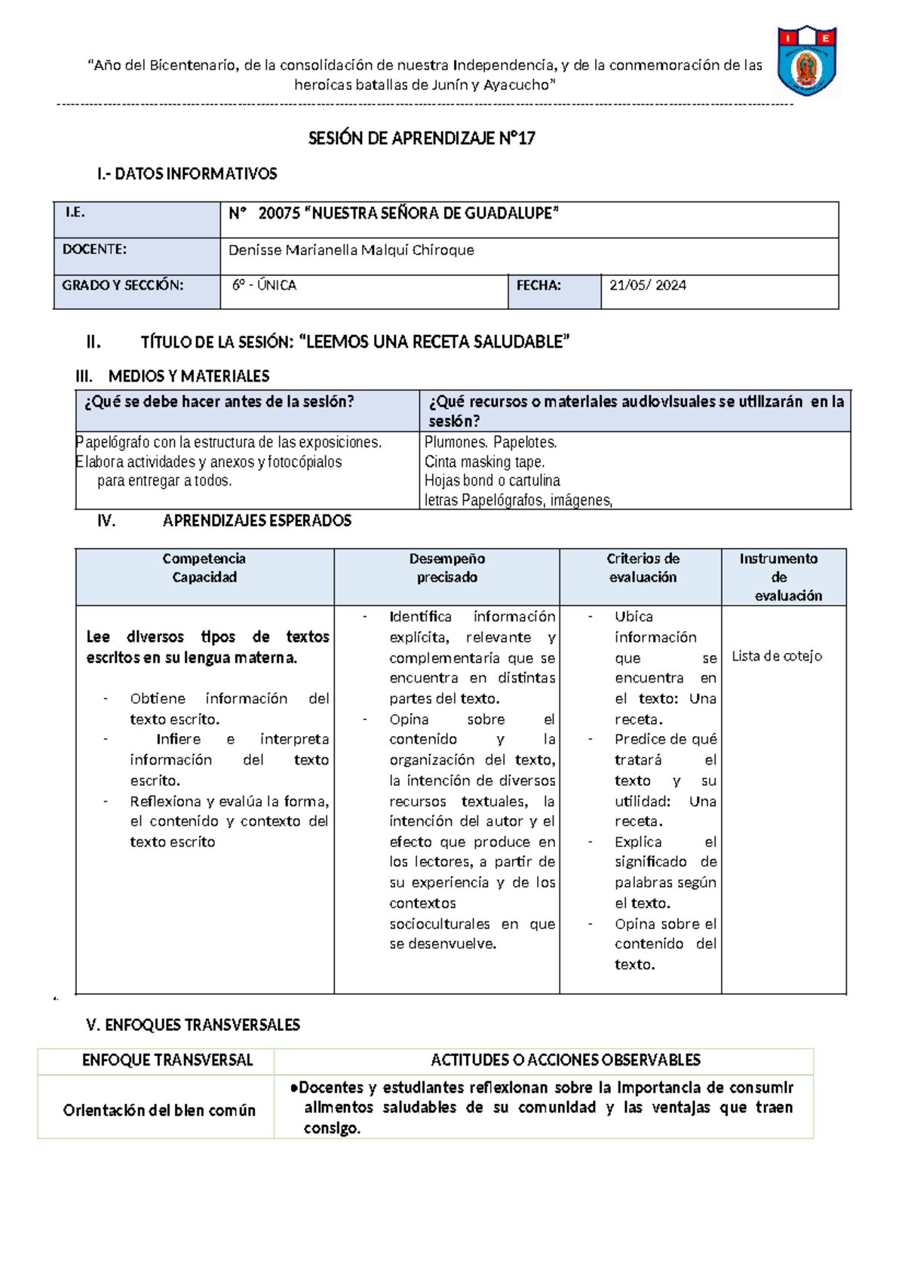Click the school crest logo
[x=807, y=61]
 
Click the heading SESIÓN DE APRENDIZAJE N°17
[x=422, y=138]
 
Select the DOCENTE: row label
[x=95, y=250]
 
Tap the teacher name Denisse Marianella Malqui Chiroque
[x=351, y=250]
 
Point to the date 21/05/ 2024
[x=648, y=285]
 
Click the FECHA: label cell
[x=538, y=285]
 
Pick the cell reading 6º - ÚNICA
[x=265, y=285]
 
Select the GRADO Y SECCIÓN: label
[x=123, y=285]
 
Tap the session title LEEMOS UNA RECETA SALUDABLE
[x=434, y=342]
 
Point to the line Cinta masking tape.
[x=484, y=462]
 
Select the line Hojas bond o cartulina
[x=492, y=480]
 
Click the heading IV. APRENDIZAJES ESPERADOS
[x=224, y=520]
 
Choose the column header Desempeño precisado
[x=447, y=568]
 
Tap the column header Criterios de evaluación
[x=643, y=568]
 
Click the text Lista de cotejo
[x=777, y=656]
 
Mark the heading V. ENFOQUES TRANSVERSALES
[x=193, y=1025]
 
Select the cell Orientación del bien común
[x=159, y=1110]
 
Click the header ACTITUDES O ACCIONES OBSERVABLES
[x=566, y=1060]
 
